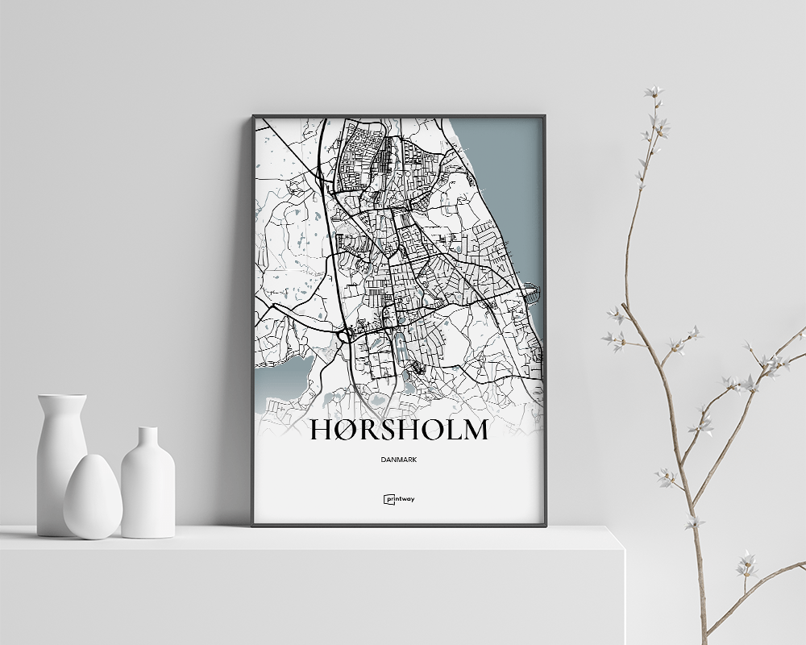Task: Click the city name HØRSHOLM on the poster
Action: (x=399, y=431)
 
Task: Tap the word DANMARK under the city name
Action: (x=399, y=460)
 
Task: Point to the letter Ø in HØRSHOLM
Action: (x=345, y=431)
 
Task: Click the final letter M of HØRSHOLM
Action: (x=472, y=431)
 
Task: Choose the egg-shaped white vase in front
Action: (x=93, y=497)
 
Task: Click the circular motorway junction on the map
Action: (x=347, y=331)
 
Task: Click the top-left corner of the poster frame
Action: (x=253, y=116)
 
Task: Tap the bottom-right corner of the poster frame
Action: (x=545, y=525)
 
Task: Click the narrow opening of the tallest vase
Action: (x=61, y=397)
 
